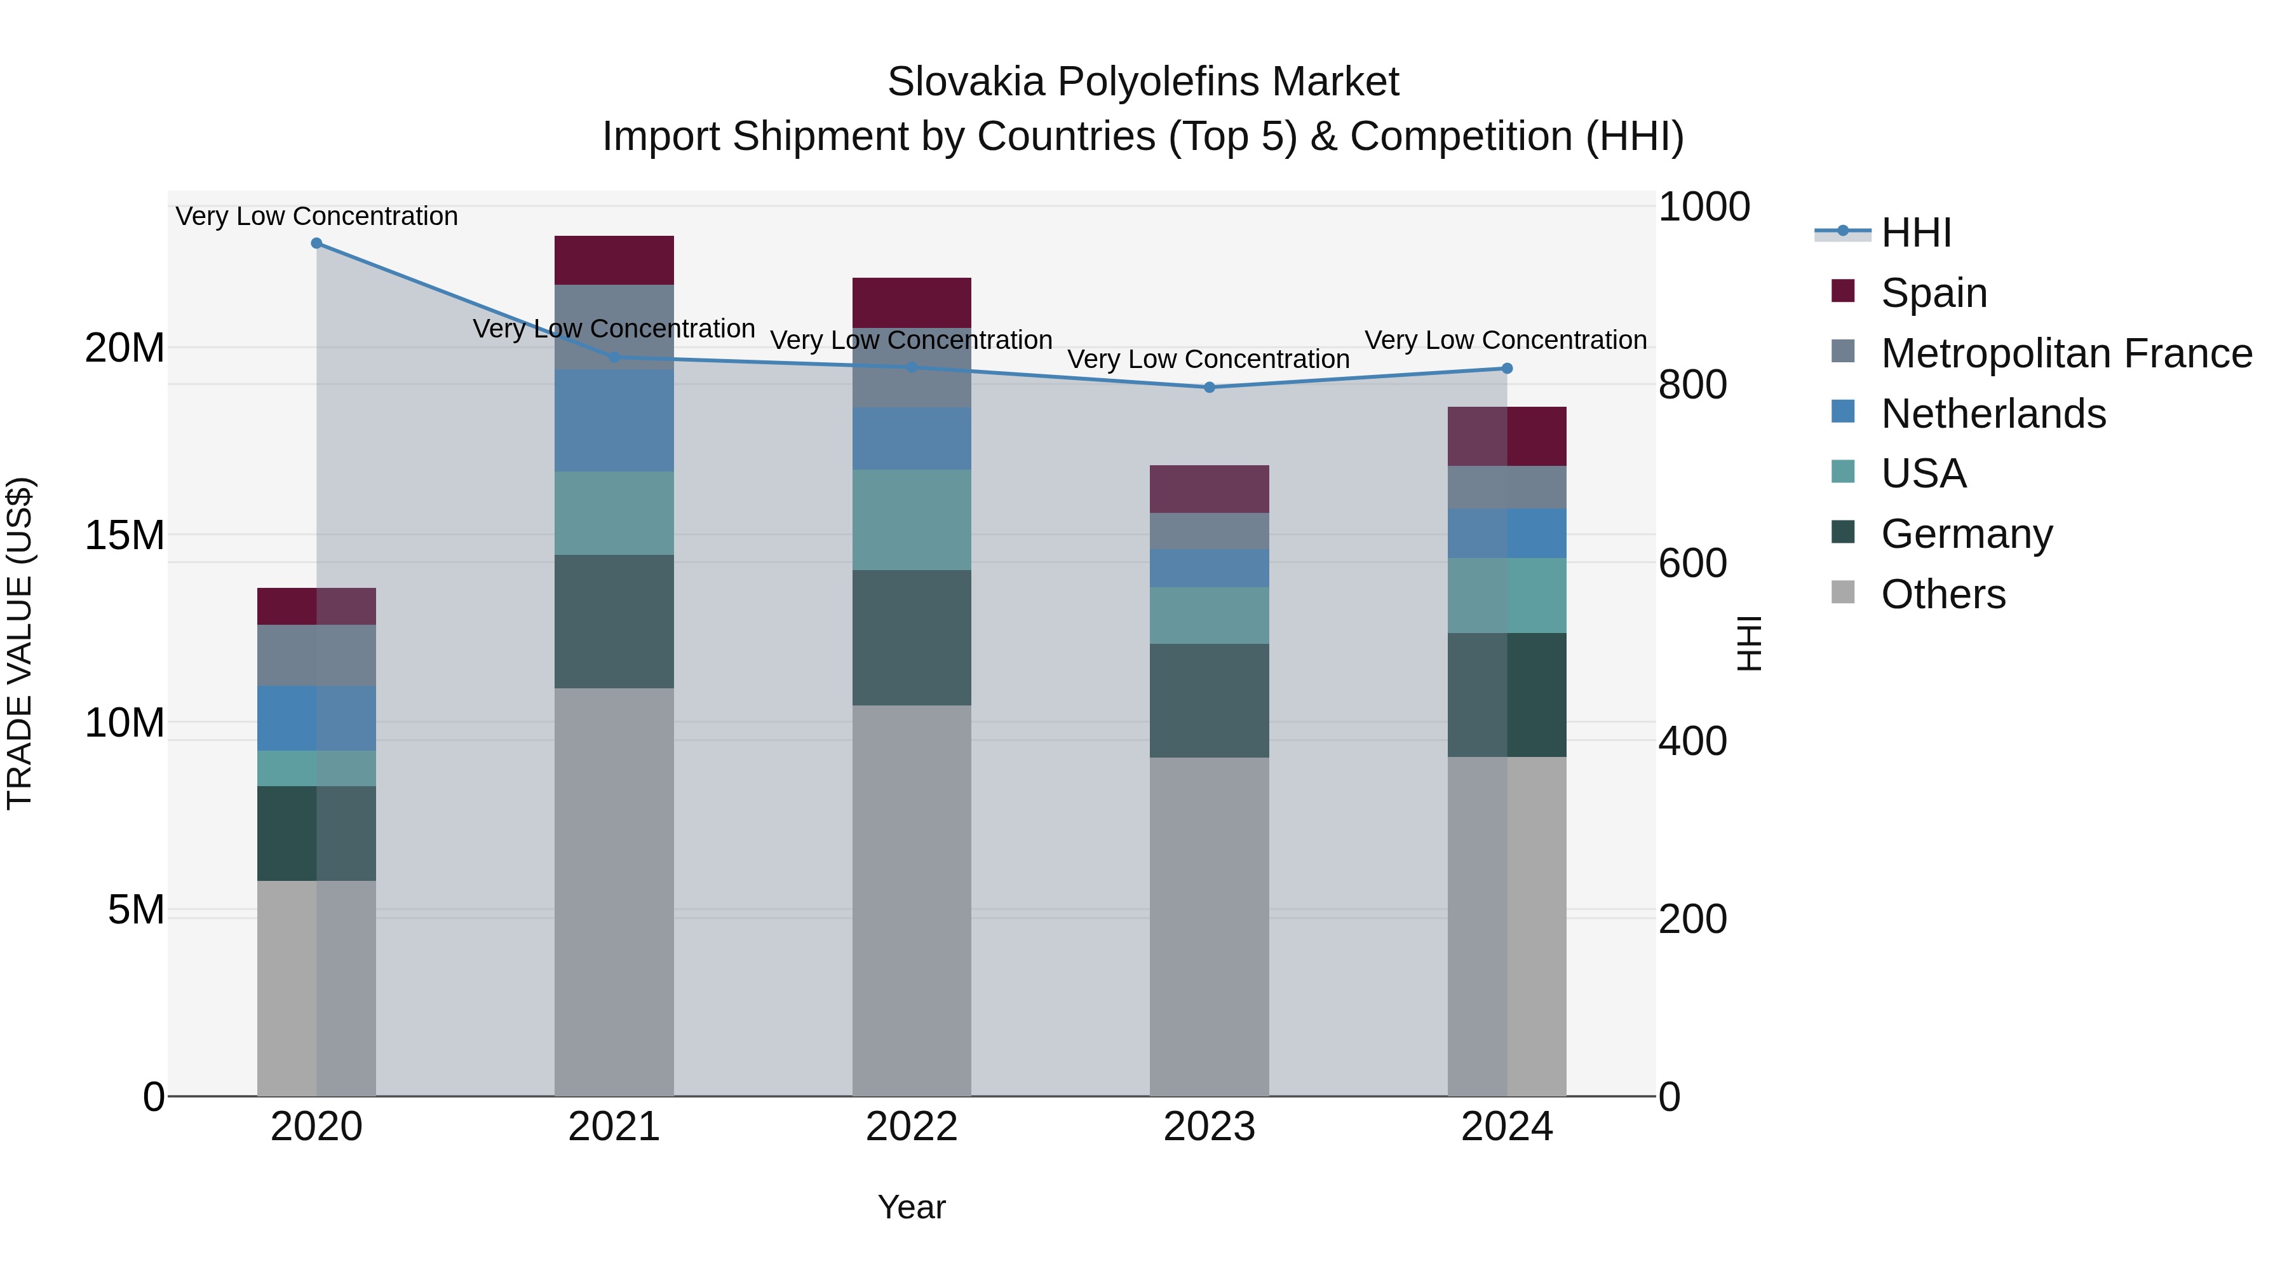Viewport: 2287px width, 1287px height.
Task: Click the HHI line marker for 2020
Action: pyautogui.click(x=316, y=243)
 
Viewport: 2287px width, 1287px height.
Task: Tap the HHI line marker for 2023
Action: pyautogui.click(x=1209, y=387)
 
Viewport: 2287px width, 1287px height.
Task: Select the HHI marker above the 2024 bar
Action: pyautogui.click(x=1507, y=369)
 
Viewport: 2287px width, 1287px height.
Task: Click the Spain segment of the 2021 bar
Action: pyautogui.click(x=614, y=260)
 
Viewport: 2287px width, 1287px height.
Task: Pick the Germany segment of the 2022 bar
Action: pyautogui.click(x=912, y=637)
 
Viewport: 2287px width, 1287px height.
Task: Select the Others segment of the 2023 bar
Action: pyautogui.click(x=1209, y=927)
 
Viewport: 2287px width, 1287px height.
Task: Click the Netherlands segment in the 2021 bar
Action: pyautogui.click(x=614, y=420)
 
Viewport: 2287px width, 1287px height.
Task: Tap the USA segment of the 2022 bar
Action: pyautogui.click(x=912, y=520)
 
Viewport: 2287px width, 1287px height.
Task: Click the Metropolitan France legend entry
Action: pyautogui.click(x=2065, y=353)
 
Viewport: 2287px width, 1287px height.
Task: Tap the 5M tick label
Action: pyautogui.click(x=136, y=910)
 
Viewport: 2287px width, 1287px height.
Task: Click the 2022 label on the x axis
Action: pyautogui.click(x=912, y=1127)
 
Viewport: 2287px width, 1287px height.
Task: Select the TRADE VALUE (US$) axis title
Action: pyautogui.click(x=20, y=643)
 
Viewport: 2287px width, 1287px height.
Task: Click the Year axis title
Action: pyautogui.click(x=912, y=1207)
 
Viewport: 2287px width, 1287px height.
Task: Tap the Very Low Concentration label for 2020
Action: pyautogui.click(x=316, y=216)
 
